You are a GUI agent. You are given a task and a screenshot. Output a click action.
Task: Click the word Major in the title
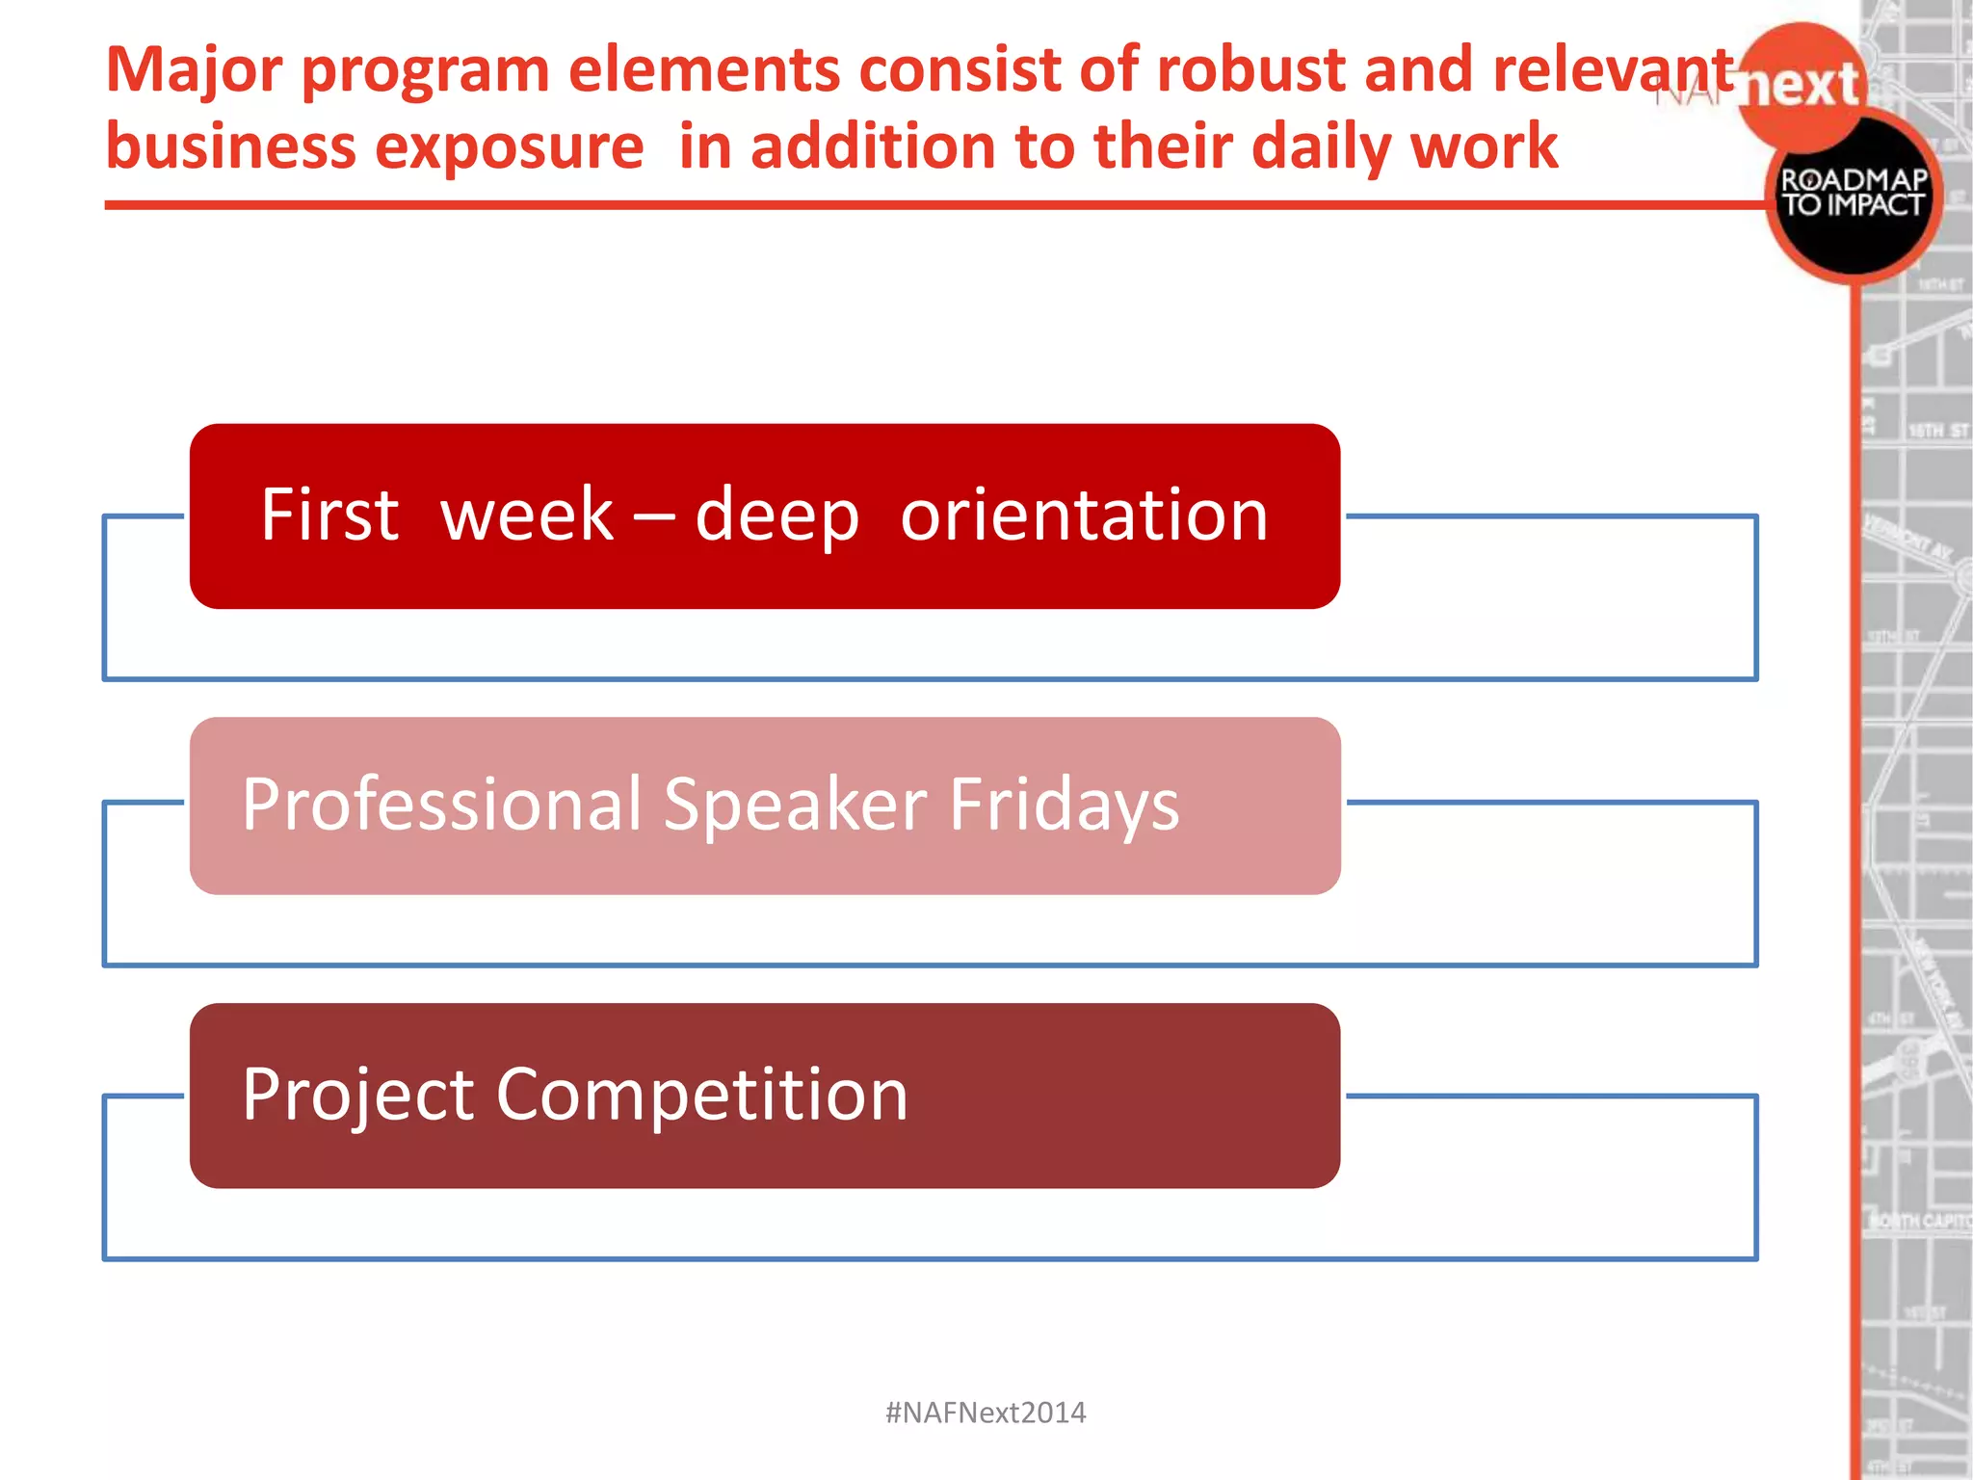coord(194,71)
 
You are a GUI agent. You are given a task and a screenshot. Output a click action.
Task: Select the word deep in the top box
coord(776,516)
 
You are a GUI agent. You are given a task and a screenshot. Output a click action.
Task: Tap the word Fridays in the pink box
coord(1064,806)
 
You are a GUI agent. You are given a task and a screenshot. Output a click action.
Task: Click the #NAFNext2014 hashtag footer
coord(985,1413)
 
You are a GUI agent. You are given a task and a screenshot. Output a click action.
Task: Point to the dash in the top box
coord(653,516)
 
